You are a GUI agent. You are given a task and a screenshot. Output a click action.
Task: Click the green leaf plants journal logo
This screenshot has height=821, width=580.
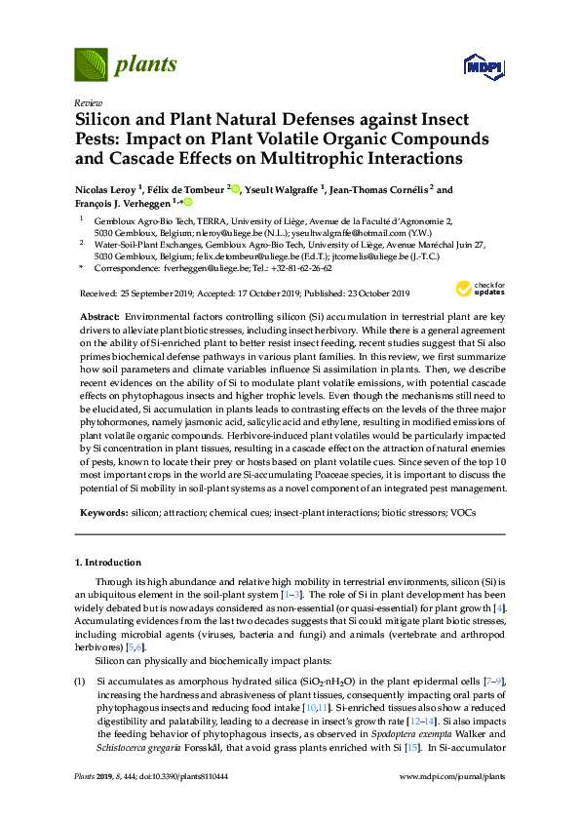pos(90,65)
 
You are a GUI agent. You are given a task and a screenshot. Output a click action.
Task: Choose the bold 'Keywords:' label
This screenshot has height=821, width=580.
pos(103,513)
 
